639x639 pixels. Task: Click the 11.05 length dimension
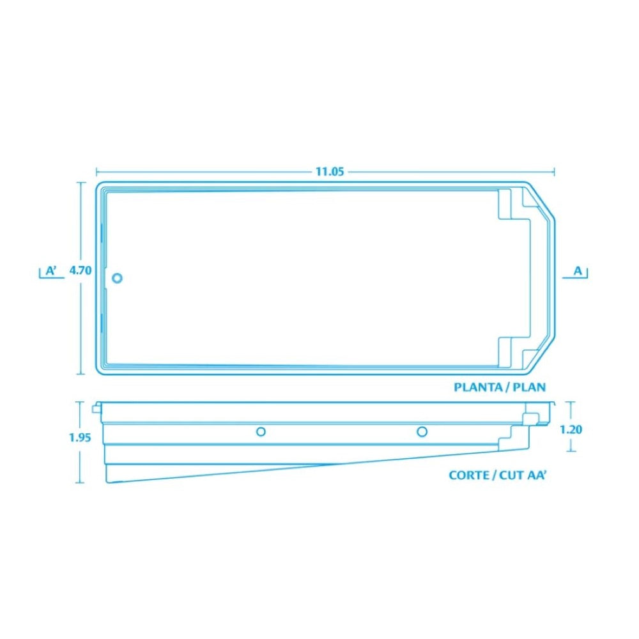pyautogui.click(x=330, y=171)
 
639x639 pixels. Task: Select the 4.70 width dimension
pyautogui.click(x=81, y=270)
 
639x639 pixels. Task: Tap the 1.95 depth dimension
pyautogui.click(x=80, y=438)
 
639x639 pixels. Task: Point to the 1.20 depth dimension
pyautogui.click(x=571, y=429)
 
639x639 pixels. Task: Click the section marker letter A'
pyautogui.click(x=51, y=270)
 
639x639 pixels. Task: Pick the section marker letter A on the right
pyautogui.click(x=578, y=270)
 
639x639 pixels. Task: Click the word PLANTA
pyautogui.click(x=478, y=387)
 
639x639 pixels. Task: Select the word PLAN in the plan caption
pyautogui.click(x=529, y=387)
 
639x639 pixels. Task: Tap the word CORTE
pyautogui.click(x=468, y=475)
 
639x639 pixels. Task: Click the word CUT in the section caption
pyautogui.click(x=511, y=475)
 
